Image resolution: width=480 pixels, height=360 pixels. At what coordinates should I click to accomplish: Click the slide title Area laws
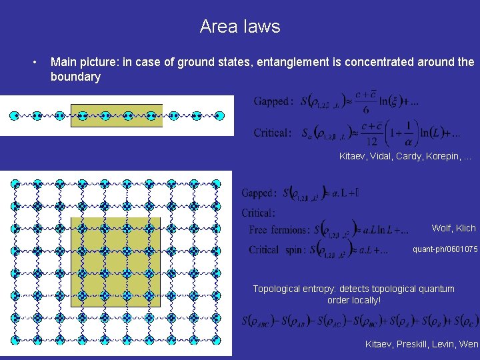click(240, 27)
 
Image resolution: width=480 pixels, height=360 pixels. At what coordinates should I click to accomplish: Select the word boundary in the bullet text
click(75, 77)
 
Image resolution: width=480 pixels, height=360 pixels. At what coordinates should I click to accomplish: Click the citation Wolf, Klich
click(453, 228)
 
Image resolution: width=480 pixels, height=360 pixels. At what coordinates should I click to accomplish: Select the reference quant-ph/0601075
click(445, 250)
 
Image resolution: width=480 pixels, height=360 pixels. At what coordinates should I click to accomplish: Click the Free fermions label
click(278, 231)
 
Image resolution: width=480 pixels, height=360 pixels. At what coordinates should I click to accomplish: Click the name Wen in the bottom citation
click(469, 344)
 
